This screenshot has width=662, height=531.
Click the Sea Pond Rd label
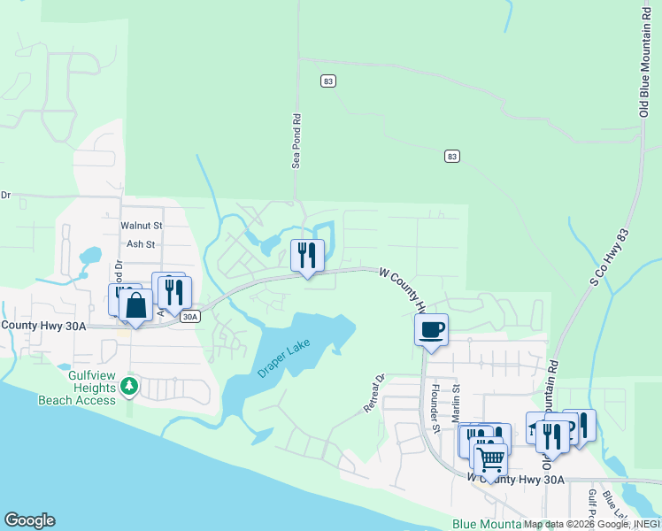(x=298, y=140)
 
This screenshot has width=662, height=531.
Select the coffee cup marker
(x=431, y=330)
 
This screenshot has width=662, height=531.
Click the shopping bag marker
(x=135, y=306)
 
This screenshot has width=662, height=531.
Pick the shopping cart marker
(x=490, y=458)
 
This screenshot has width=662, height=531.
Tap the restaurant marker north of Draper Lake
(x=307, y=256)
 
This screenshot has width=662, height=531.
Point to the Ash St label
(x=141, y=244)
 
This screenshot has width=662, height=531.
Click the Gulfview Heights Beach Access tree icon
(x=129, y=386)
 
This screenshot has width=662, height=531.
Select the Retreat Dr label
(x=375, y=395)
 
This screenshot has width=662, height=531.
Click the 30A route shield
(x=190, y=316)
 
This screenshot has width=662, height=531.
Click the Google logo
(x=29, y=520)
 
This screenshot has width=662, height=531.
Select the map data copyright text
(x=589, y=524)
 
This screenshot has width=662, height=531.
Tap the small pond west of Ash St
(x=89, y=257)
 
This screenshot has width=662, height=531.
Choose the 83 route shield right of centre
(x=452, y=157)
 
